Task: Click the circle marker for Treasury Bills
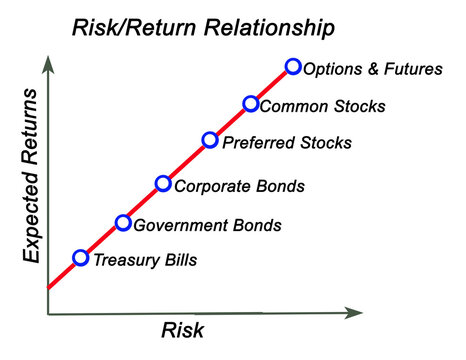[81, 258]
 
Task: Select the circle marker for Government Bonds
[123, 223]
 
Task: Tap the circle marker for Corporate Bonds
[164, 184]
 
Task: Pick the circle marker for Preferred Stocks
[210, 140]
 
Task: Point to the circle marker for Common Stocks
[251, 104]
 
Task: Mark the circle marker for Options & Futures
[293, 67]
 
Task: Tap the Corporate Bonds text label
[239, 186]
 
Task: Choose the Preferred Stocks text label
[286, 143]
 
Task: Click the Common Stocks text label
[322, 106]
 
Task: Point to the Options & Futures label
[372, 69]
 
